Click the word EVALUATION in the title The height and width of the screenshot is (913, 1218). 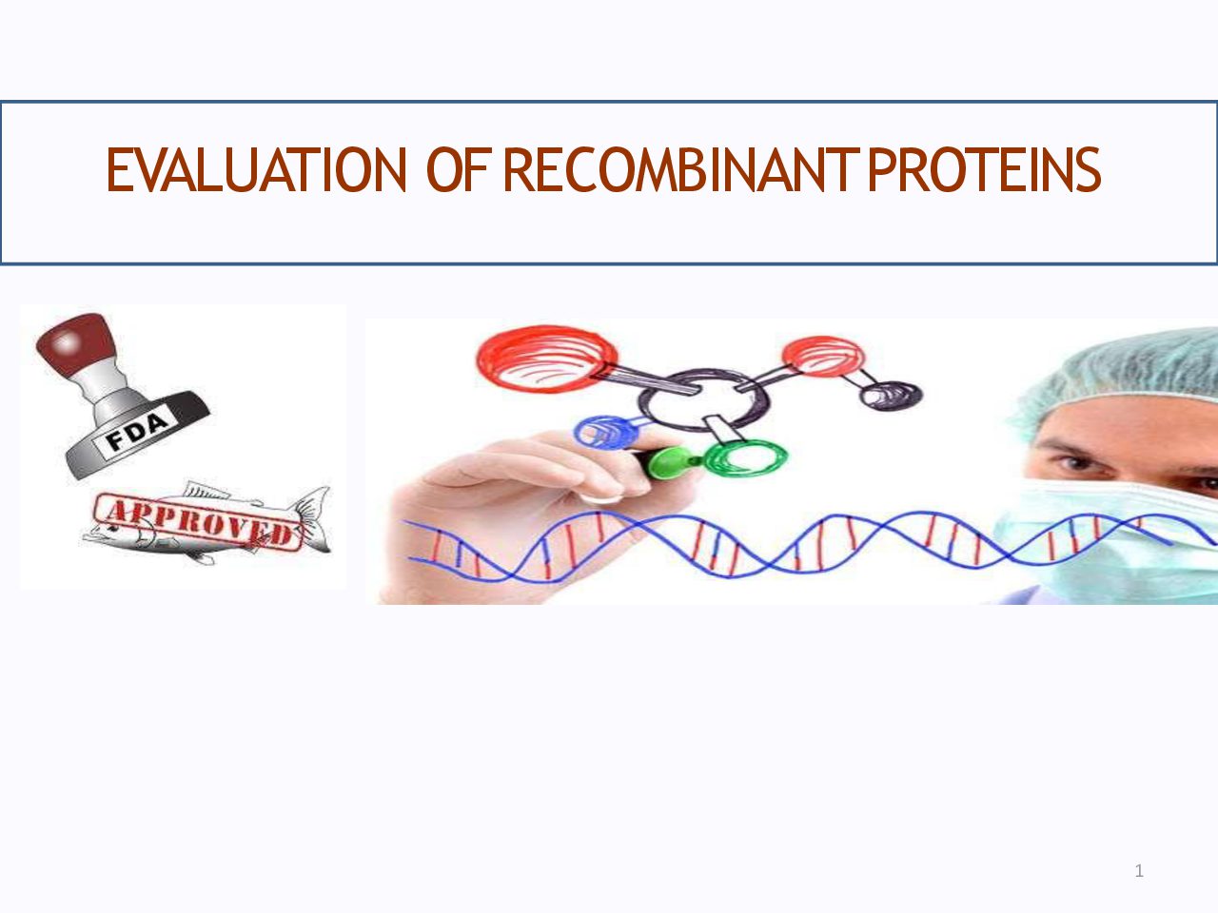point(256,169)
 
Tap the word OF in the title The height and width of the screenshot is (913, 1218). point(458,169)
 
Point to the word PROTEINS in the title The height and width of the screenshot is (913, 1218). point(984,169)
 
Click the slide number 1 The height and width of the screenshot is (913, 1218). point(1139,871)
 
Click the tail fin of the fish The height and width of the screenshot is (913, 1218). point(313,518)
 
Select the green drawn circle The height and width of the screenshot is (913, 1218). point(746,457)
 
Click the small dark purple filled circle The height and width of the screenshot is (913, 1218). point(891,397)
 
